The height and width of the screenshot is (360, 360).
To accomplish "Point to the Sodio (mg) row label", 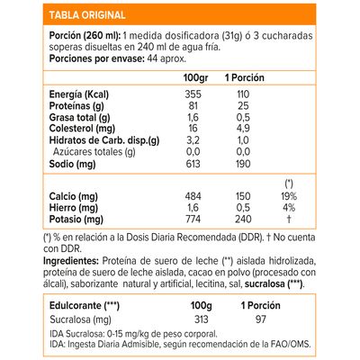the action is (47, 164).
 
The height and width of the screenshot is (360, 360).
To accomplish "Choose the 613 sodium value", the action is (191, 164).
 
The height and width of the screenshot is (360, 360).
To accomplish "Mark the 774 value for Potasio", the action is (191, 220).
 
